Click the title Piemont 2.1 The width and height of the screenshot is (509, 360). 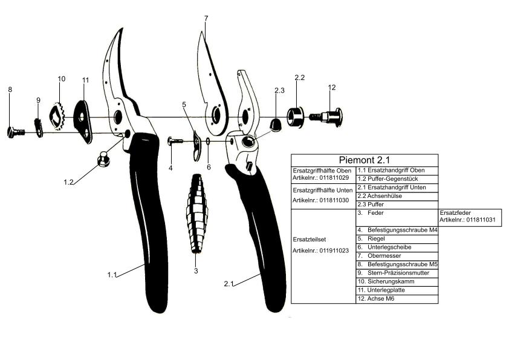(x=365, y=160)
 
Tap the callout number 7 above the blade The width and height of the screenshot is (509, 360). (x=206, y=19)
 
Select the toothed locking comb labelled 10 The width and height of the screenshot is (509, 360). (x=57, y=117)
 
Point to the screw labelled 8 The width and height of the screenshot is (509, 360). (x=15, y=131)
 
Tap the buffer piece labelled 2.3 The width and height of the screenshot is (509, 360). (x=275, y=125)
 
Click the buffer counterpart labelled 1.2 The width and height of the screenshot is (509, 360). (x=104, y=159)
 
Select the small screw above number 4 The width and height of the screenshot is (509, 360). (x=176, y=142)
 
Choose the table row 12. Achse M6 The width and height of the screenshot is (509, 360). (x=397, y=299)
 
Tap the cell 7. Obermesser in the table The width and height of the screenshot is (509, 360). (x=397, y=255)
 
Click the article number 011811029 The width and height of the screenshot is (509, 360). (x=323, y=178)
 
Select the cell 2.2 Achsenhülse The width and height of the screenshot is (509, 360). (x=397, y=196)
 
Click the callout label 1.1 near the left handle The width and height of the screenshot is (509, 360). (x=111, y=275)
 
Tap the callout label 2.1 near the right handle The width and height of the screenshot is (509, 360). (x=229, y=283)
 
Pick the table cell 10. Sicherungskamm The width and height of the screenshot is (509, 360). (x=397, y=281)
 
